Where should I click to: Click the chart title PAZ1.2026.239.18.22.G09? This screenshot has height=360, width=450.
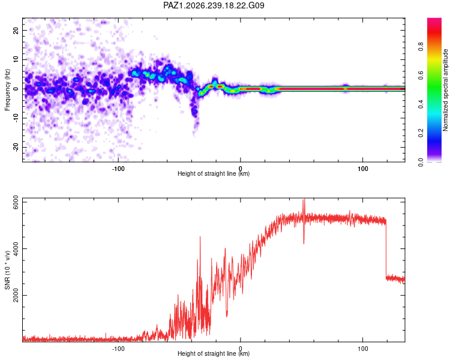(x=214, y=5)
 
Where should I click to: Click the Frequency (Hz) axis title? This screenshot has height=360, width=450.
(x=7, y=90)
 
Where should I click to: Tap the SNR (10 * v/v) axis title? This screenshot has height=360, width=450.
(x=7, y=270)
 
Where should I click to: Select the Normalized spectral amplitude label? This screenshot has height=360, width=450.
(x=445, y=90)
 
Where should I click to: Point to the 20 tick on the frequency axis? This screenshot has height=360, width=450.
(x=16, y=30)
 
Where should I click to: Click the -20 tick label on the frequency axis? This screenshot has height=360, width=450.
(x=16, y=147)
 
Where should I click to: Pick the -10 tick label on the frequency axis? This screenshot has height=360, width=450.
(x=16, y=118)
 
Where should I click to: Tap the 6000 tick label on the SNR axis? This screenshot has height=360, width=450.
(x=16, y=202)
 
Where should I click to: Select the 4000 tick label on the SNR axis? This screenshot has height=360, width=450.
(x=16, y=248)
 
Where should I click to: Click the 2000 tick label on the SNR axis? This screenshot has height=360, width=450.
(x=16, y=295)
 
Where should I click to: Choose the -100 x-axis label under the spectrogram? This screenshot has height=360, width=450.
(x=118, y=169)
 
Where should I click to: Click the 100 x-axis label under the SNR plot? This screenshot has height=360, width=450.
(x=363, y=349)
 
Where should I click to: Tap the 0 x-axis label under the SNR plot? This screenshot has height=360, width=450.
(x=241, y=349)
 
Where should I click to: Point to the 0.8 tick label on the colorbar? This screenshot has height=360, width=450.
(x=421, y=46)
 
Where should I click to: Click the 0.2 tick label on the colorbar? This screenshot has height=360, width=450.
(x=421, y=133)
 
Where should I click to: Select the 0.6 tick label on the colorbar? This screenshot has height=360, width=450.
(x=421, y=75)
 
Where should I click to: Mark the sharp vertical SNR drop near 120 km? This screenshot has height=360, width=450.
(x=386, y=249)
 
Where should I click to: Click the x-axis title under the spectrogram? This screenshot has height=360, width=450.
(x=214, y=173)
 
